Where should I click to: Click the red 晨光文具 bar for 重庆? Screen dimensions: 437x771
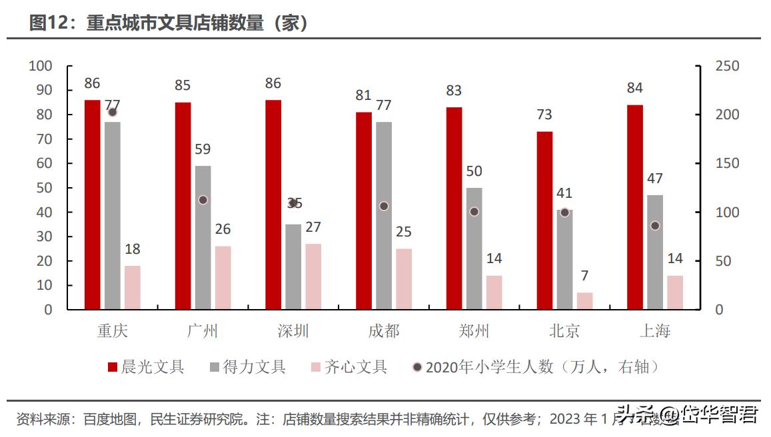[92, 205]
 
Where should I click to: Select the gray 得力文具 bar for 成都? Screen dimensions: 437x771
[383, 215]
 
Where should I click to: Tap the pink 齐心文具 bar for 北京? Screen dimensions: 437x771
[584, 301]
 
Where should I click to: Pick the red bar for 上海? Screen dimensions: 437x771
[635, 207]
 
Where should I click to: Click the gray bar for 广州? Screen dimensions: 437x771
[203, 238]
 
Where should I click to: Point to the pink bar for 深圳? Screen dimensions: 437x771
[313, 276]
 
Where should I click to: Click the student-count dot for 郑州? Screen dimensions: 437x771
[474, 212]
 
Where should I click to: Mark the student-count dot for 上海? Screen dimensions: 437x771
[655, 226]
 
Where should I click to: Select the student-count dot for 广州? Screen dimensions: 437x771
[203, 200]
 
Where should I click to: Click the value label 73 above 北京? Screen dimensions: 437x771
[544, 115]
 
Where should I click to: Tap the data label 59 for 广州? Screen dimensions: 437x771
[203, 149]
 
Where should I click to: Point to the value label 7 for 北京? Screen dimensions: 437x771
[584, 276]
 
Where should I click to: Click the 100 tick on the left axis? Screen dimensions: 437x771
[40, 66]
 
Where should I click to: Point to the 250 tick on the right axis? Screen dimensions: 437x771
[727, 66]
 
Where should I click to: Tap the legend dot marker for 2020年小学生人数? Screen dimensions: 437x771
[417, 367]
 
